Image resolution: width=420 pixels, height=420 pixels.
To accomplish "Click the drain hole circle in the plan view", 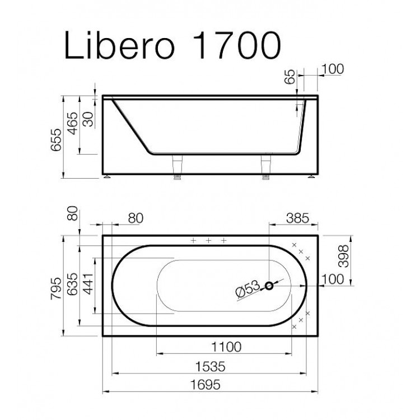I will (x=269, y=286).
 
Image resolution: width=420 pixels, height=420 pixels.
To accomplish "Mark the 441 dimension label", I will (x=88, y=286).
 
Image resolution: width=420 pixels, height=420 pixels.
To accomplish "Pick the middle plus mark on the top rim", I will (x=208, y=240).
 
